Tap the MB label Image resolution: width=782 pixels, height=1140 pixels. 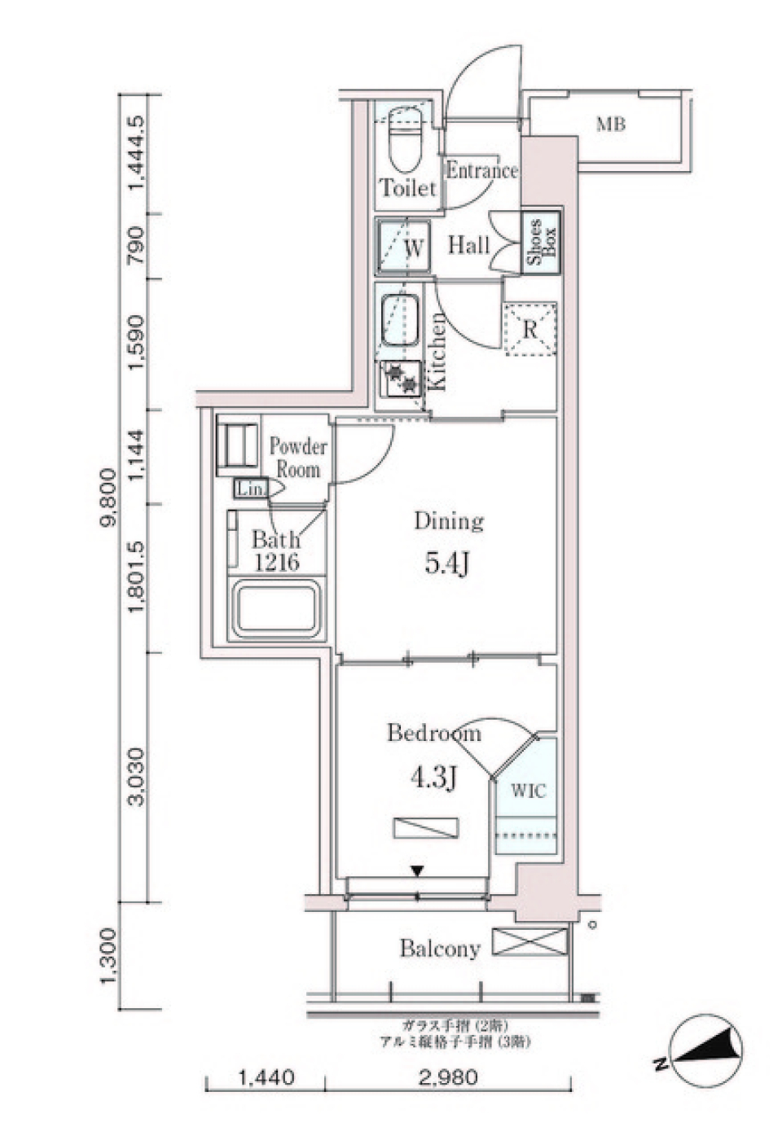tap(611, 125)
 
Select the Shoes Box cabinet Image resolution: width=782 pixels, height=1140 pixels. tap(541, 243)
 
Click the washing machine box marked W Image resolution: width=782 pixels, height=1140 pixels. tap(402, 247)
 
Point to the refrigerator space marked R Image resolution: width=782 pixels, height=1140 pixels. tap(530, 329)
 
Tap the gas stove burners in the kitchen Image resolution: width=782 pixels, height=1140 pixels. tap(402, 379)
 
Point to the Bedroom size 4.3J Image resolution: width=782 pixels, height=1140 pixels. tap(433, 778)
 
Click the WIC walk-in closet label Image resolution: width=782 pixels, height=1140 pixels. tap(528, 790)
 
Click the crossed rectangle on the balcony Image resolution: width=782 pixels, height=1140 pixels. tap(530, 943)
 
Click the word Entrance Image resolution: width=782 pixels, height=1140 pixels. tap(481, 171)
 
